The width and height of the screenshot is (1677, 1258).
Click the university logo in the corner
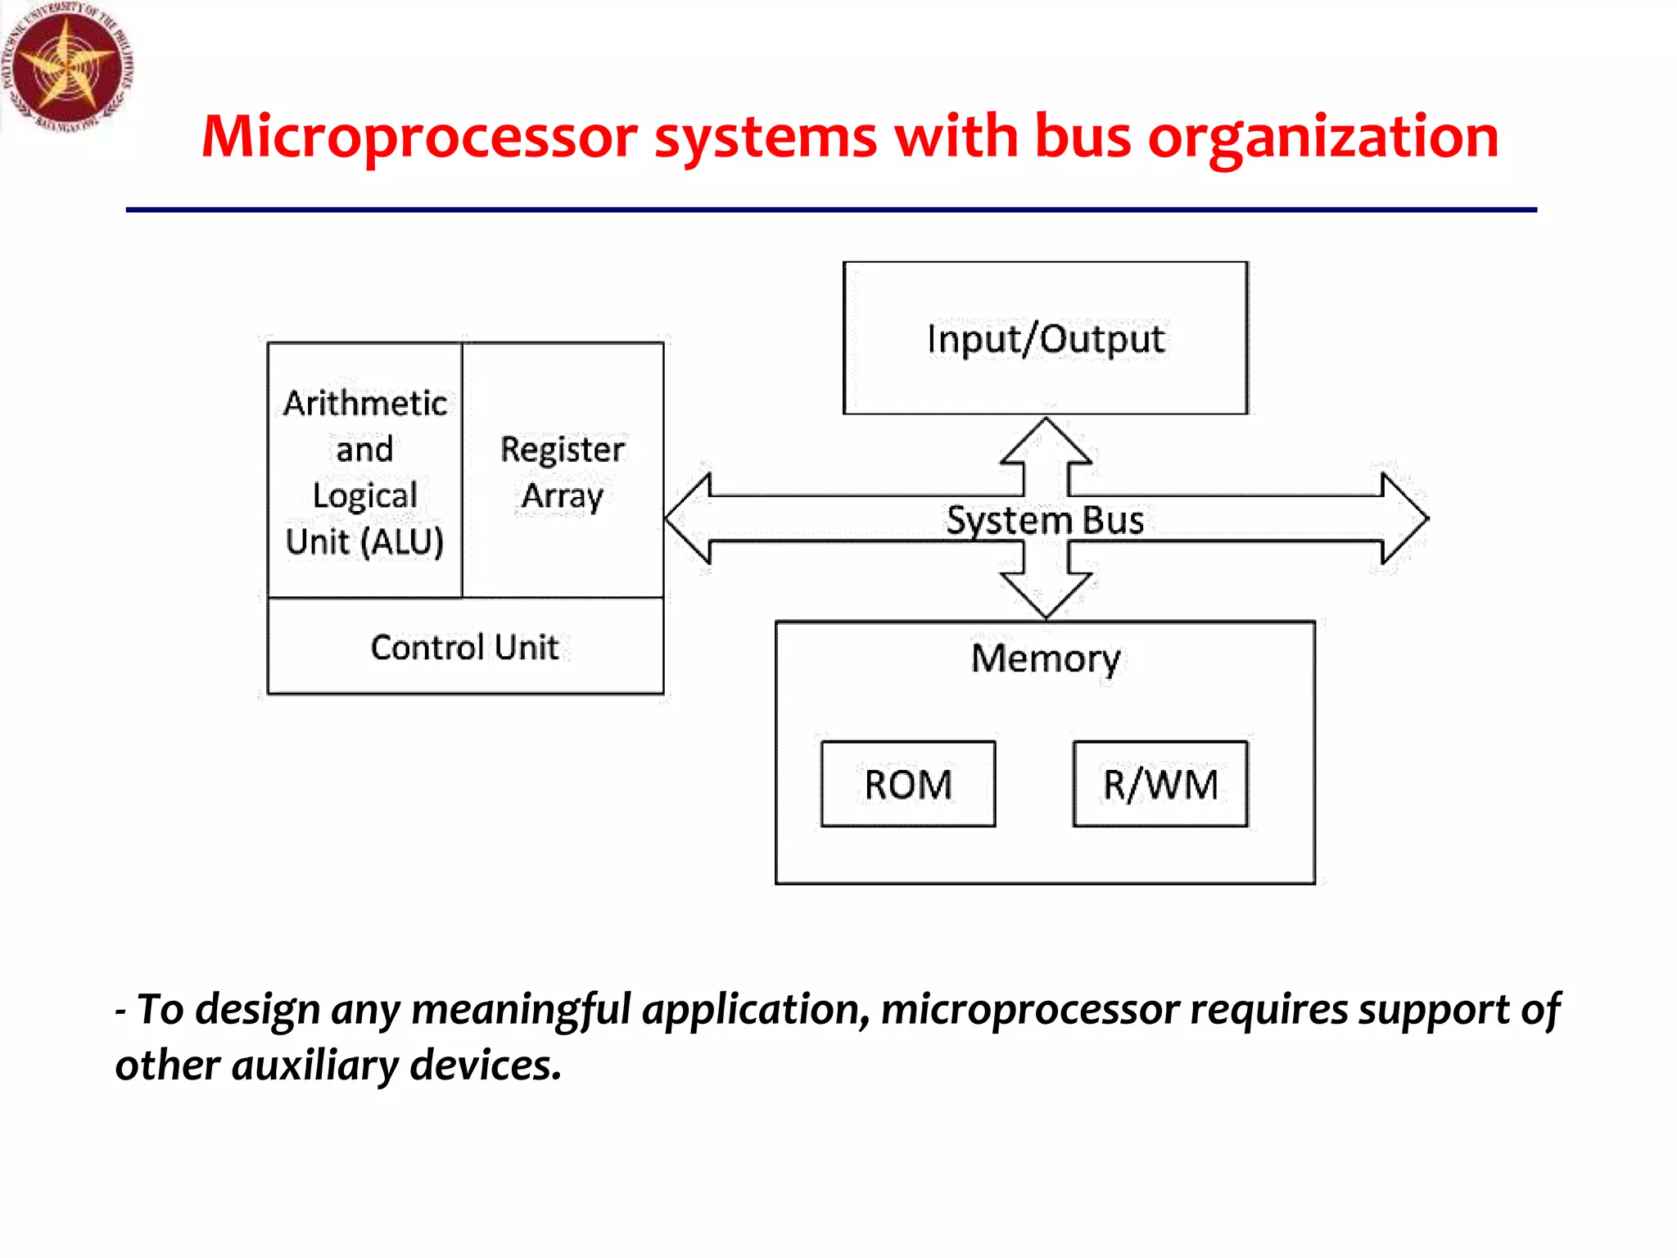pos(66,66)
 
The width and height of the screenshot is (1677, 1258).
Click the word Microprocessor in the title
pos(418,137)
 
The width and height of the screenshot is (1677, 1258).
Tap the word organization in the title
pos(1322,137)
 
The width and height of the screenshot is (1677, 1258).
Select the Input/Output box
pos(1045,338)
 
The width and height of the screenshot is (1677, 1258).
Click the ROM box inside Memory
pos(908,784)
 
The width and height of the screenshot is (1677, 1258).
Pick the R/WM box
pos(1159,784)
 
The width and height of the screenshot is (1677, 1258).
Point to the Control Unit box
pos(464,647)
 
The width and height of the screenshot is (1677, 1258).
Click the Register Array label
pos(563,473)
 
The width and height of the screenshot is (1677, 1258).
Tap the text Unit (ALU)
pos(364,541)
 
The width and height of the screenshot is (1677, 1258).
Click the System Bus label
pos(1045,520)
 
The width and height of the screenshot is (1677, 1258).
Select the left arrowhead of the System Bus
pos(689,518)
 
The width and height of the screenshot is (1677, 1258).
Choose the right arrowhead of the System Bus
pos(1404,518)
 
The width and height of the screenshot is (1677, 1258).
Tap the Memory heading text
pos(1046,658)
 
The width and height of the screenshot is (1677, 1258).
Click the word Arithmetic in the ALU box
pos(365,403)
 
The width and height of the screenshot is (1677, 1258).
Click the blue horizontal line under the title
pos(830,210)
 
